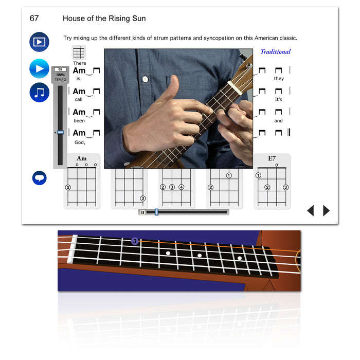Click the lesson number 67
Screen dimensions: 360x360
coord(34,19)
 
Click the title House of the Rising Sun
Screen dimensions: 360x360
coord(104,19)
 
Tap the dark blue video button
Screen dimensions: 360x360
coord(39,42)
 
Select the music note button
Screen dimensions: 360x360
coord(39,92)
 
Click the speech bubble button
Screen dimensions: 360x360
coord(39,178)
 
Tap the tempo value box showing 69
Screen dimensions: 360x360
coord(60,69)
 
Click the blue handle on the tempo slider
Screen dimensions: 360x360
coord(60,132)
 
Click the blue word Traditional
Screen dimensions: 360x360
coord(276,51)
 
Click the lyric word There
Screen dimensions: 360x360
coord(80,63)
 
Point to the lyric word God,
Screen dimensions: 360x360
coord(80,142)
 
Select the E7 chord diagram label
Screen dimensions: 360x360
coord(272,158)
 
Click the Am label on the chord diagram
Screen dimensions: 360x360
coord(82,158)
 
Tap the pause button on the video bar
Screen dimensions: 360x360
coord(142,212)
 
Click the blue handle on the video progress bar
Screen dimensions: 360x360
coord(156,212)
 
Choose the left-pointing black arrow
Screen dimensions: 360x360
coord(311,210)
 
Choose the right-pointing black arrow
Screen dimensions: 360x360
coord(326,210)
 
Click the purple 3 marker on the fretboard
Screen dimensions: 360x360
coord(135,241)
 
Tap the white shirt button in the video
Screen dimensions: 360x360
coord(145,79)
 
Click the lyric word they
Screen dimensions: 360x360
coord(279,79)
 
